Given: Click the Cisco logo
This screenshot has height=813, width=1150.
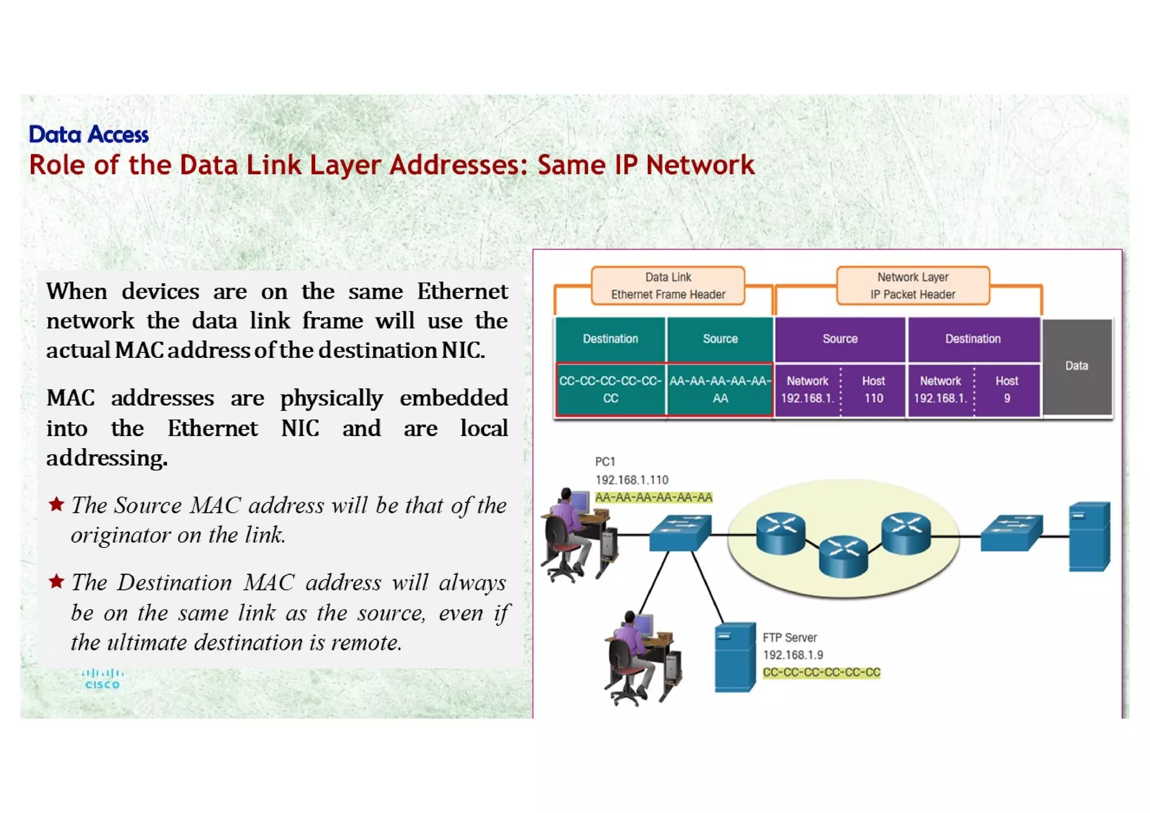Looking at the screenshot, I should (102, 679).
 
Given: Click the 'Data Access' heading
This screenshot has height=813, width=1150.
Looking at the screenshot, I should (89, 134).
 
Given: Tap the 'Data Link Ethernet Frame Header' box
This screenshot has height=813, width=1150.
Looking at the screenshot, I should (668, 286).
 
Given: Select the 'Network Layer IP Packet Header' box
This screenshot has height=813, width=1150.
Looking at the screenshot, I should (912, 286).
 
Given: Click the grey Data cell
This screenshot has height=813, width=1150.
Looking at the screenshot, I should (1076, 366).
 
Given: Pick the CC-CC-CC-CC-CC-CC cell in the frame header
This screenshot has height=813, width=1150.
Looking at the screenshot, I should (610, 389).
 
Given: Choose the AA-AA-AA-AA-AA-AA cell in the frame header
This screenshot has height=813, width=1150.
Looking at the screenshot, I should (720, 389).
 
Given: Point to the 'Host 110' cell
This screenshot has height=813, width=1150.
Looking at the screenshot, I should (873, 389).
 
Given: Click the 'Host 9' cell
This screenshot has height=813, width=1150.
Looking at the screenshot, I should (1006, 389).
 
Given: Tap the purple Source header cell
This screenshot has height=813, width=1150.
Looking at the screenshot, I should (839, 339).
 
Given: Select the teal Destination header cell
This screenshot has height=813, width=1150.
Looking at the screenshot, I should (610, 339).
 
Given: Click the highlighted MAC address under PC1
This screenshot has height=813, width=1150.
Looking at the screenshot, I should (654, 497).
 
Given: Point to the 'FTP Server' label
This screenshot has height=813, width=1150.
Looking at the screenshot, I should (790, 638).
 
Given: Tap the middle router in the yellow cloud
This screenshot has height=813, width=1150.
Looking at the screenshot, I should (843, 556).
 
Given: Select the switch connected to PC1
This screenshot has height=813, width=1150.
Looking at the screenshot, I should (679, 532).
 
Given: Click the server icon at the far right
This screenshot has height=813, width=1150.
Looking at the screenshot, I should (1089, 537).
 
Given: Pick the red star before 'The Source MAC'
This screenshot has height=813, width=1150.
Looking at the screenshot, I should (56, 504).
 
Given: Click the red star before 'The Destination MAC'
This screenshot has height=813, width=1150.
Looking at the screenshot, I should (56, 581).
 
